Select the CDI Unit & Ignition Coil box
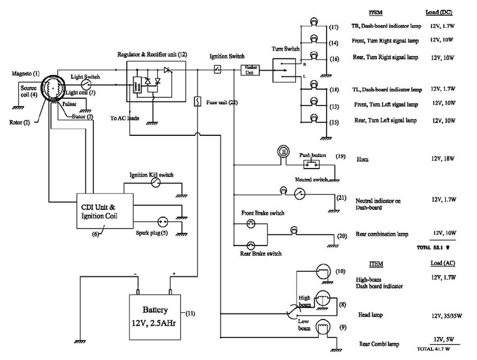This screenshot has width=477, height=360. pyautogui.click(x=105, y=211)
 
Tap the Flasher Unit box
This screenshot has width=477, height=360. pyautogui.click(x=250, y=70)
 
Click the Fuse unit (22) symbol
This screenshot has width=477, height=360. pyautogui.click(x=198, y=102)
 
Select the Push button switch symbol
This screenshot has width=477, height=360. pyautogui.click(x=311, y=165)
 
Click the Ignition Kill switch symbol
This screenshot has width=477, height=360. pyautogui.click(x=155, y=183)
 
